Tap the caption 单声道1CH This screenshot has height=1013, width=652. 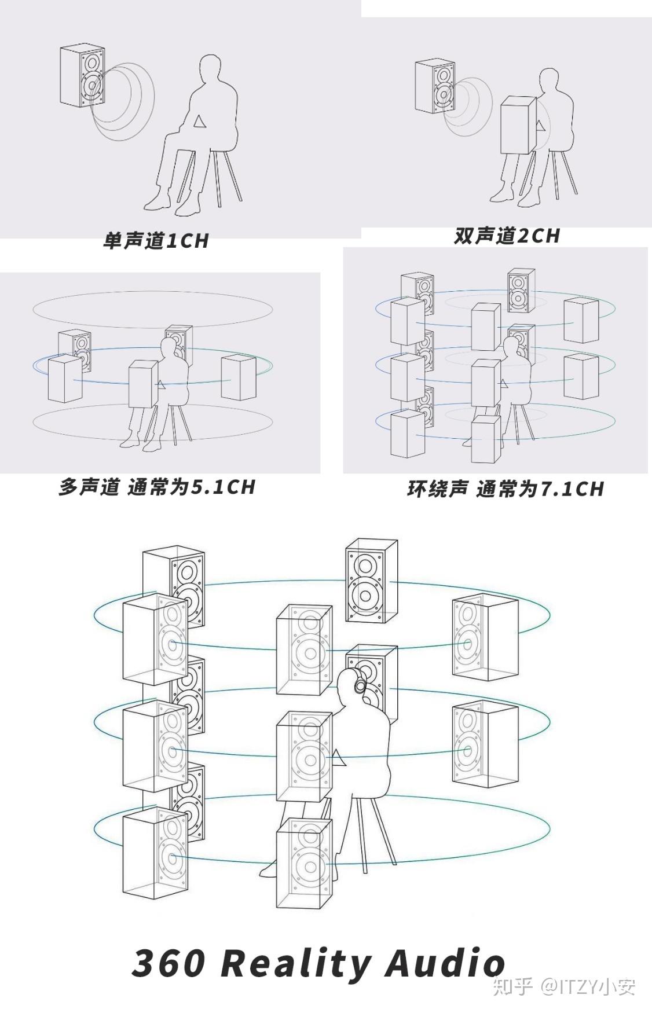[x=156, y=240]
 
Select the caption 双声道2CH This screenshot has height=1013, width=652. [x=507, y=236]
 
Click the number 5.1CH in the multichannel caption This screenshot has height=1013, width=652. [x=223, y=487]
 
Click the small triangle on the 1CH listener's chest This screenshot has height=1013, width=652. [x=199, y=121]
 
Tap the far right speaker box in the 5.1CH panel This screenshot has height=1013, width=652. [x=239, y=377]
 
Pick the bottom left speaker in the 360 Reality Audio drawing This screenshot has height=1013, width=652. [x=155, y=851]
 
